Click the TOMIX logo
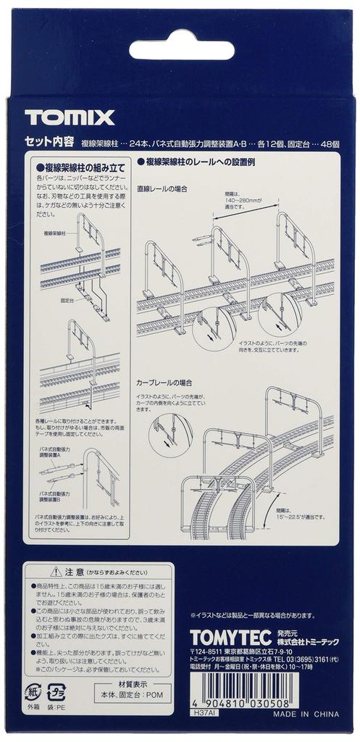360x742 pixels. coord(70,117)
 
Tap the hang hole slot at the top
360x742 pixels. coord(181,50)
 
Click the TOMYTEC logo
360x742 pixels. coord(230,636)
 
